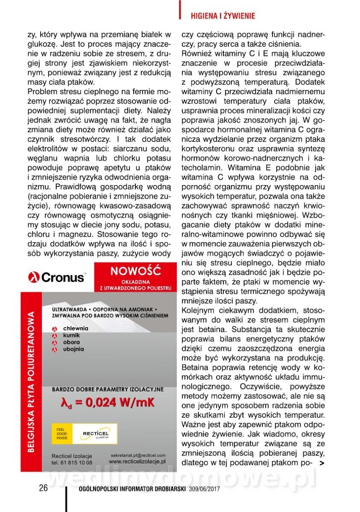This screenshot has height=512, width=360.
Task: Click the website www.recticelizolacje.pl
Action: (x=137, y=462)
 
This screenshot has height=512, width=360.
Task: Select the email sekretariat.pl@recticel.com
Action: (x=137, y=455)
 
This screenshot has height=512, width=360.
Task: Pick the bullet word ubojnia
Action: (x=73, y=349)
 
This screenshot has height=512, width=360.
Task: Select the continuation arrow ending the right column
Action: (x=322, y=463)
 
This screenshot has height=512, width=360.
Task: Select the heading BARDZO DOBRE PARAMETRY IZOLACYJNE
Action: (x=107, y=389)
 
